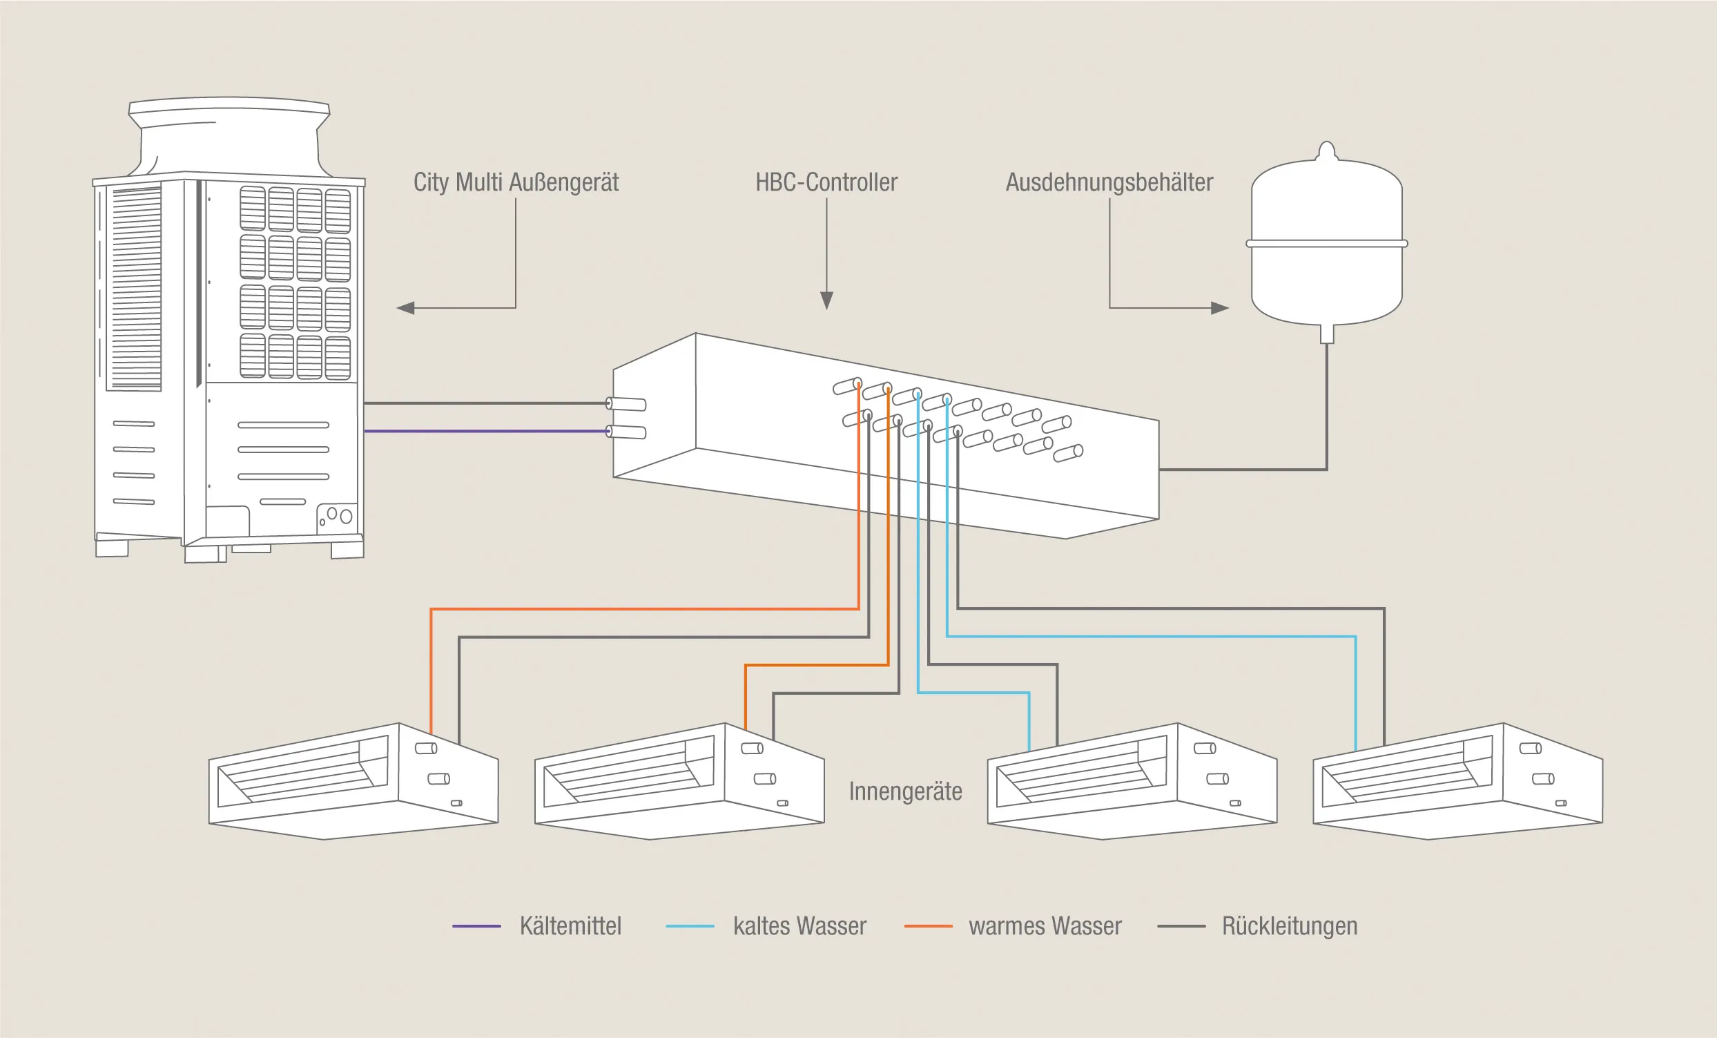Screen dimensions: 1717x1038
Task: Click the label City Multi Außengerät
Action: pyautogui.click(x=516, y=182)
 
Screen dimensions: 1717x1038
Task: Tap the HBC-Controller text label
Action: pyautogui.click(x=826, y=182)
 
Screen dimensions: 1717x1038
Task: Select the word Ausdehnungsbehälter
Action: pyautogui.click(x=1109, y=182)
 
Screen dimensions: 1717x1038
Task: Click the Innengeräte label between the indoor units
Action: pyautogui.click(x=905, y=792)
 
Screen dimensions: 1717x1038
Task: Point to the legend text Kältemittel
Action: pyautogui.click(x=571, y=926)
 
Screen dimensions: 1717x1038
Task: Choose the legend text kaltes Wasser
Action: pyautogui.click(x=800, y=926)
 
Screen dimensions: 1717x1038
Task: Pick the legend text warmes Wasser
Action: pyautogui.click(x=1045, y=926)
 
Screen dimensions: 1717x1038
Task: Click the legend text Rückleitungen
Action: pyautogui.click(x=1290, y=926)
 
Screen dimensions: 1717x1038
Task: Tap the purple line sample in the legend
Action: pyautogui.click(x=476, y=926)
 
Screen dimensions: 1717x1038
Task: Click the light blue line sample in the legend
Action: pyautogui.click(x=690, y=926)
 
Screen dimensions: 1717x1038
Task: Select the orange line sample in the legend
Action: pyautogui.click(x=928, y=926)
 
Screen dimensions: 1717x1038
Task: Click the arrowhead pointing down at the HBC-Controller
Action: pyautogui.click(x=827, y=300)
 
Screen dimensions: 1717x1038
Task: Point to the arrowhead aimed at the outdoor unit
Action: pyautogui.click(x=405, y=307)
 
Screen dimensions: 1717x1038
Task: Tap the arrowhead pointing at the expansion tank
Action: pyautogui.click(x=1220, y=307)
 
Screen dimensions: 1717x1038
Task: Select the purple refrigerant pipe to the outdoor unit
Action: pyautogui.click(x=487, y=432)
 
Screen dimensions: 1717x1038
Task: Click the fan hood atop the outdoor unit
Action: pyautogui.click(x=229, y=137)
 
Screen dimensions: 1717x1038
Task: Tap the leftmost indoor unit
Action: pyautogui.click(x=353, y=782)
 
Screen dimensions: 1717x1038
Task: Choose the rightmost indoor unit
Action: pyautogui.click(x=1458, y=782)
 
